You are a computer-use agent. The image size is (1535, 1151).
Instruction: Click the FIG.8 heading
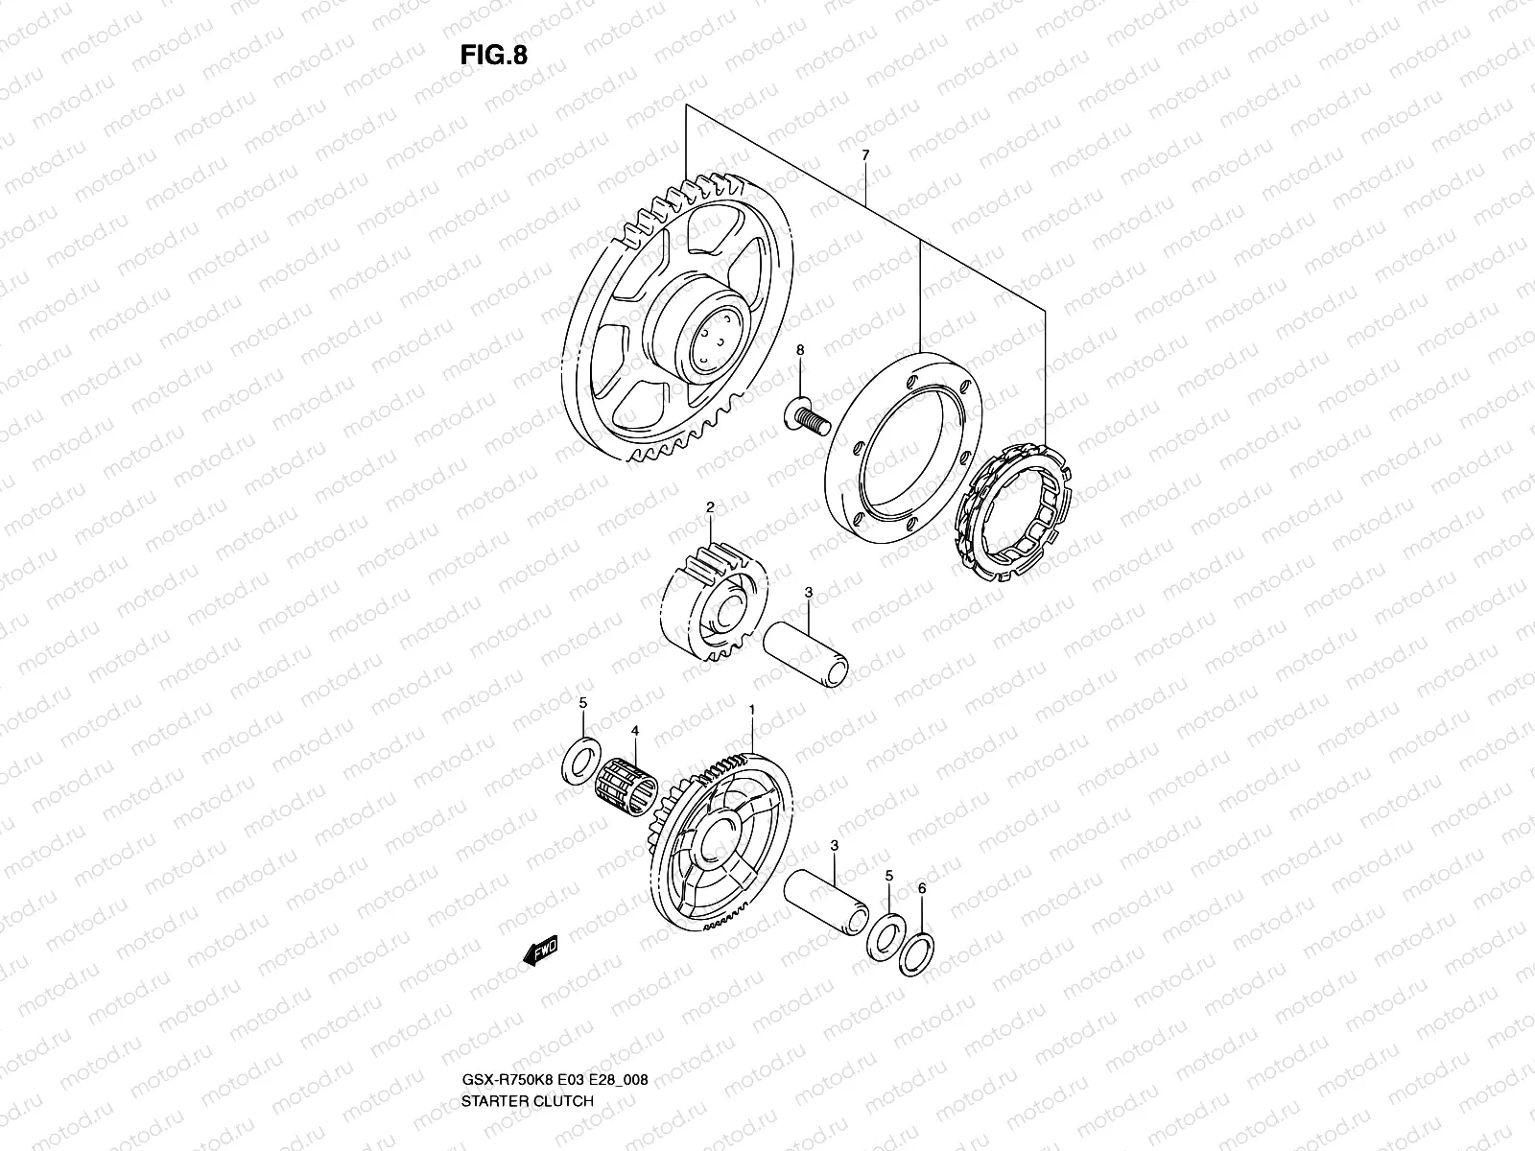[x=493, y=55]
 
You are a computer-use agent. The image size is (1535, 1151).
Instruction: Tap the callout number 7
[x=865, y=154]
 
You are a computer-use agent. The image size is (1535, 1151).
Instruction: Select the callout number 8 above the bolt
[x=799, y=352]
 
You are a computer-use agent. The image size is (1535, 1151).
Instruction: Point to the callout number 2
[x=710, y=506]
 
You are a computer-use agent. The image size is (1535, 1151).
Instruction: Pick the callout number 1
[x=752, y=711]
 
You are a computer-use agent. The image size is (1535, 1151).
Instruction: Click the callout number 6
[x=922, y=889]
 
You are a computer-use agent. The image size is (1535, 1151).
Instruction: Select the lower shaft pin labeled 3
[x=828, y=894]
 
